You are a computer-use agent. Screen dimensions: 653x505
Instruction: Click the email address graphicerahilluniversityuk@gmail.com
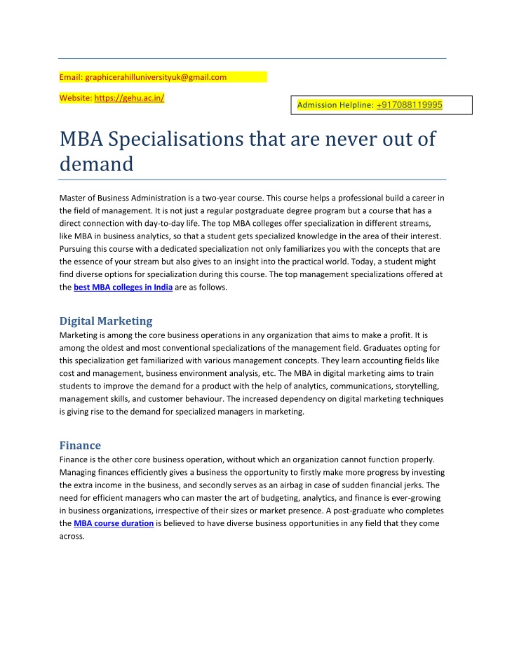[x=154, y=77]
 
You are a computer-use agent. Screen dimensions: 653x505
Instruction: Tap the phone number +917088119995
[x=409, y=105]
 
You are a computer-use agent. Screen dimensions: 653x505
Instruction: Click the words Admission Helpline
[x=335, y=105]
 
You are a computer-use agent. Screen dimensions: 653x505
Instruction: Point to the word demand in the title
[x=96, y=164]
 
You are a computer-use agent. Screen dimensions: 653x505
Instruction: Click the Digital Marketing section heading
[x=105, y=321]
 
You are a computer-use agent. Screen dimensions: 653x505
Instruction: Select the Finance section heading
[x=80, y=445]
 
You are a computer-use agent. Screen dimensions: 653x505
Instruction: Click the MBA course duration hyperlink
[x=114, y=523]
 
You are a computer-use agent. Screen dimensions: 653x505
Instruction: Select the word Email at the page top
[x=69, y=77]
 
